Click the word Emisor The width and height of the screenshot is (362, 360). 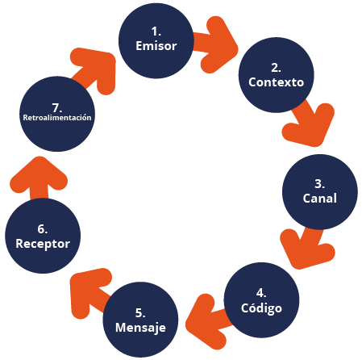[x=156, y=46]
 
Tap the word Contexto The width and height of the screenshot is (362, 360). [x=277, y=82]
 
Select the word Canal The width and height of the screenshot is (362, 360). [x=320, y=199]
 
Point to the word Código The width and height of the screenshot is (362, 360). [x=261, y=308]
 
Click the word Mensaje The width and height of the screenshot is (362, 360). [x=140, y=328]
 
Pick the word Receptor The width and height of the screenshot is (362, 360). [x=43, y=244]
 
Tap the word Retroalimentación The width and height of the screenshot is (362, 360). [x=57, y=118]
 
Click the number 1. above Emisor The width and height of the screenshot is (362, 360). [x=156, y=31]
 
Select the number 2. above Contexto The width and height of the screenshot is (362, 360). [x=277, y=68]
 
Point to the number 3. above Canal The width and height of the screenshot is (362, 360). [x=320, y=184]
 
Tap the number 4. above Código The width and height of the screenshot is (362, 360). [x=261, y=293]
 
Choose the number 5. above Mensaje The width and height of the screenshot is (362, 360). [x=140, y=313]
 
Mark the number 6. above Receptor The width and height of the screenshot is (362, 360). [x=43, y=229]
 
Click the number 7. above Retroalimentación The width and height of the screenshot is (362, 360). [x=57, y=108]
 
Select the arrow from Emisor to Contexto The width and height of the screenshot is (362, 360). [x=215, y=44]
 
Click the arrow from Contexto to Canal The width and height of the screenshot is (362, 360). [x=312, y=123]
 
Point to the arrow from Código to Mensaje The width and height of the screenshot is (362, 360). [x=207, y=321]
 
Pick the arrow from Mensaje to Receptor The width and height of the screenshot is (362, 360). [x=89, y=292]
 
